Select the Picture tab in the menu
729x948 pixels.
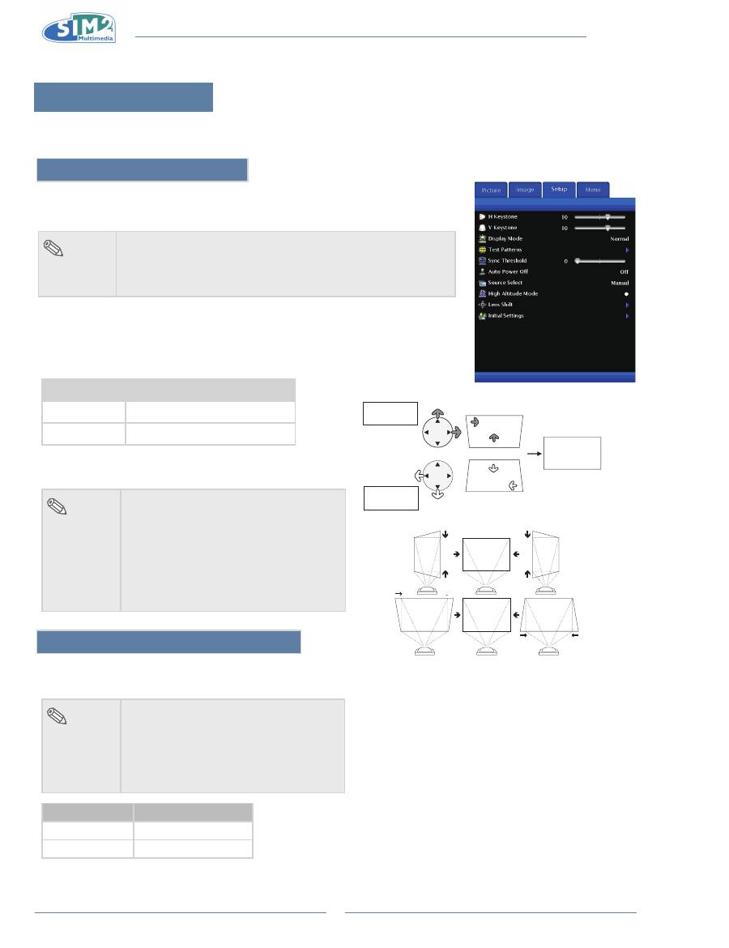[491, 190]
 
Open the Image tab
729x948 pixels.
[525, 190]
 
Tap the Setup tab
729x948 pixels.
[559, 189]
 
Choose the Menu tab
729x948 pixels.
[593, 190]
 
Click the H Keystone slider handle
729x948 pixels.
[607, 217]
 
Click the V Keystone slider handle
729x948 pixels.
[607, 228]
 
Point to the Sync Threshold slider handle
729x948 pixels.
[578, 261]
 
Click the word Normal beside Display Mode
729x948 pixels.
[619, 239]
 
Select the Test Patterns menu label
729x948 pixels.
[506, 250]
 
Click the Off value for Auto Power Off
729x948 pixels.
[624, 272]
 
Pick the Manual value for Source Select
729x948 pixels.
[620, 283]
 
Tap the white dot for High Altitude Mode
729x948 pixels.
[626, 294]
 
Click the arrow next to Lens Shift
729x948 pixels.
[626, 305]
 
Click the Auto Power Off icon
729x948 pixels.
[482, 272]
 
